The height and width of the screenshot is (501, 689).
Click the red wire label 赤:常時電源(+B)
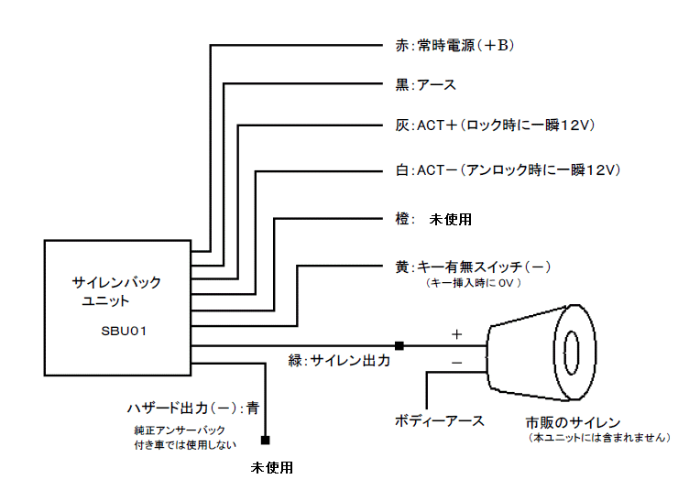tap(447, 45)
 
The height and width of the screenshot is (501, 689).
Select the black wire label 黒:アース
tap(419, 85)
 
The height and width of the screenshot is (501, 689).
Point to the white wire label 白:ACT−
tap(502, 170)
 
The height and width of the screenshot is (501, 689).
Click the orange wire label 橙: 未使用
tap(427, 220)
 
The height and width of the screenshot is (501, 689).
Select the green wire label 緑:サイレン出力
tap(339, 361)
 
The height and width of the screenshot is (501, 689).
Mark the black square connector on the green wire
tap(399, 345)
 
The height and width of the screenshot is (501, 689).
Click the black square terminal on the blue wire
tap(265, 440)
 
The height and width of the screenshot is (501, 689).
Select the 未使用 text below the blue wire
tap(272, 467)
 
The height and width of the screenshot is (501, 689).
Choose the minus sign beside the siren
tap(456, 364)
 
